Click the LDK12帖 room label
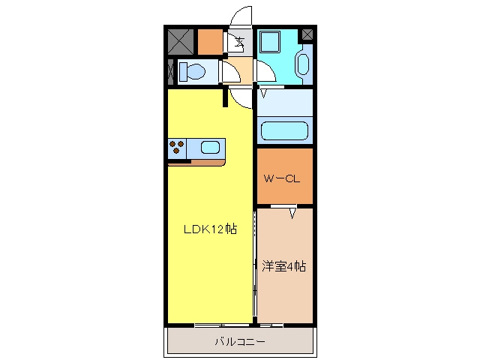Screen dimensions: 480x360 click(x=210, y=229)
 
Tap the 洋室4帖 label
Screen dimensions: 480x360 click(x=283, y=266)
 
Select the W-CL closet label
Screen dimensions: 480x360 click(x=282, y=178)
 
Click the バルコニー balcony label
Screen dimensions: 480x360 click(x=240, y=341)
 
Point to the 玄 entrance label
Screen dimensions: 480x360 click(x=240, y=41)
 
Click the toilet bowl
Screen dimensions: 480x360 click(x=192, y=72)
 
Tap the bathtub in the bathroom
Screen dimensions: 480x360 click(x=284, y=131)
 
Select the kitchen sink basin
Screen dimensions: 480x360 click(x=210, y=148)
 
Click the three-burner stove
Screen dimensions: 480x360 click(x=177, y=147)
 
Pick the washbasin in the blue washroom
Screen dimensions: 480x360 click(x=303, y=64)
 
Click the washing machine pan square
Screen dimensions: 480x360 click(x=270, y=42)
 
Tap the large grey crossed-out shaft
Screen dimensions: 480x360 click(x=181, y=42)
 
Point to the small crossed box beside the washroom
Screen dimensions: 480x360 click(x=307, y=34)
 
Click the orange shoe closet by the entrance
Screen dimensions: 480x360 click(x=210, y=42)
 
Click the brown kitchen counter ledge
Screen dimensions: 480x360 click(x=196, y=162)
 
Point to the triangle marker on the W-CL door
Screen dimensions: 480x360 click(x=292, y=213)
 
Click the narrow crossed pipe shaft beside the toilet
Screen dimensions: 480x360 click(x=171, y=72)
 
